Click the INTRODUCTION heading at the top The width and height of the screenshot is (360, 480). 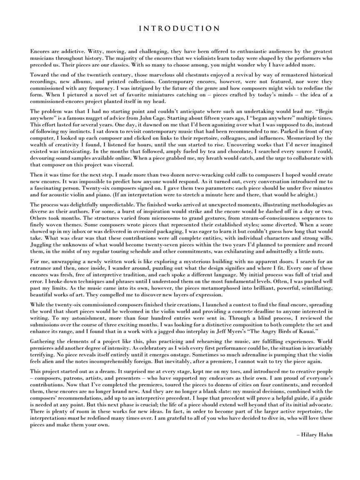click(x=179, y=29)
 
